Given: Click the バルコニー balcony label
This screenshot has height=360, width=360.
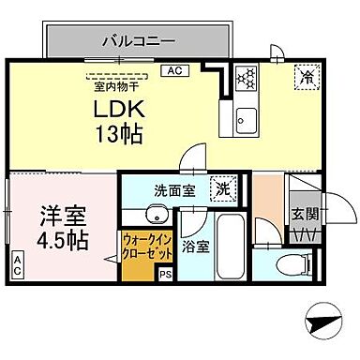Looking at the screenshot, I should (137, 41).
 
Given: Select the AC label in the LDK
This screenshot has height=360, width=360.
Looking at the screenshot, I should (173, 70).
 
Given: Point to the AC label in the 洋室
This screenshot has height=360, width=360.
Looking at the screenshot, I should (18, 265).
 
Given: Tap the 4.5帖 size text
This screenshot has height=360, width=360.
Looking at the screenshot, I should (63, 240).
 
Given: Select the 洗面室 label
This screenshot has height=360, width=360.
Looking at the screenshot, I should (172, 190).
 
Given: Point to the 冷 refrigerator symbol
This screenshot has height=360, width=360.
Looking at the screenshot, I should (306, 77).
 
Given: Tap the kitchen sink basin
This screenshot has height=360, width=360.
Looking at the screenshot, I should (247, 118).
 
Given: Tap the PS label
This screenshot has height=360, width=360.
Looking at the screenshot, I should (165, 275).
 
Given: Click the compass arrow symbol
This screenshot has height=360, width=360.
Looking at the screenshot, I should (323, 325).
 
